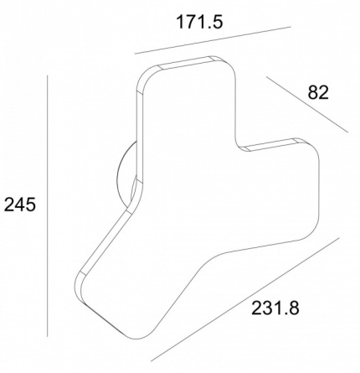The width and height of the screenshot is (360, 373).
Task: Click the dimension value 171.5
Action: point(200,22)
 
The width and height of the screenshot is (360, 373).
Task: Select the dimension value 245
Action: point(20,205)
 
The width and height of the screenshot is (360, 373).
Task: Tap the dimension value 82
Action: point(318,92)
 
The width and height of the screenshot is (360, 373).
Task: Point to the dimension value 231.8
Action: point(275,308)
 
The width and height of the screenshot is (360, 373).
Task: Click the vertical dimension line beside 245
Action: point(48,205)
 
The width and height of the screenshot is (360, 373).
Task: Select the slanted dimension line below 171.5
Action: point(213,40)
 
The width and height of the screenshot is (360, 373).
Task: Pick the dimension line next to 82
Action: point(307,104)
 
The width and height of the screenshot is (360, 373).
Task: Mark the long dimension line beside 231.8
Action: point(245,298)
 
